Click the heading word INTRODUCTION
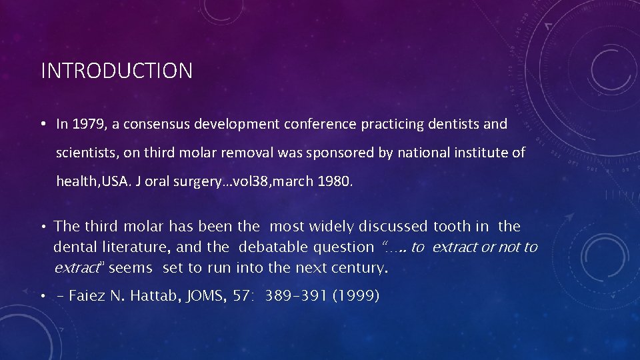[x=117, y=71]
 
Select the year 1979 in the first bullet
[x=86, y=124]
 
